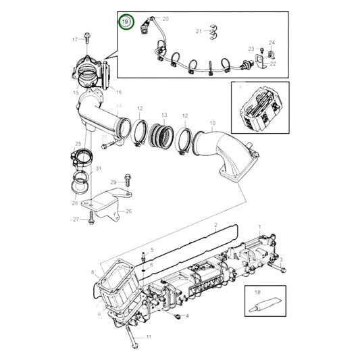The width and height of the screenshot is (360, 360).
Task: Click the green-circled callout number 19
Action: pyautogui.click(x=125, y=22)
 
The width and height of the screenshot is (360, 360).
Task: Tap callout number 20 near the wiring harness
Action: pyautogui.click(x=166, y=19)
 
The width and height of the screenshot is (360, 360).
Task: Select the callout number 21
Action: pyautogui.click(x=199, y=31)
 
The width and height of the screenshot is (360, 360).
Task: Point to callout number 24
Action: pyautogui.click(x=272, y=42)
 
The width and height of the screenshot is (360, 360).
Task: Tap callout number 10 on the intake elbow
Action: pyautogui.click(x=211, y=123)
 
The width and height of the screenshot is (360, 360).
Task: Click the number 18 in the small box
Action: pyautogui.click(x=257, y=292)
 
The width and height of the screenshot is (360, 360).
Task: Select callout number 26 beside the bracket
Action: pyautogui.click(x=128, y=211)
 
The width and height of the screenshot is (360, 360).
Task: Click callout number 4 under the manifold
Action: pyautogui.click(x=187, y=315)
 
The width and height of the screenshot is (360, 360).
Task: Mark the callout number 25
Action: pyautogui.click(x=78, y=145)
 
